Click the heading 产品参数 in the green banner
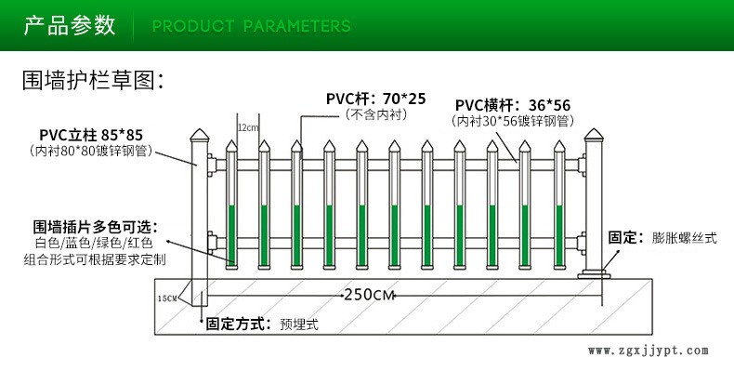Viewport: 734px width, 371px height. pos(70,25)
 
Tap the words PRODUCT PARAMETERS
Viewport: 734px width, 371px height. pos(252,26)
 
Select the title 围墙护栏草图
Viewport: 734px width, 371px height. pos(93,81)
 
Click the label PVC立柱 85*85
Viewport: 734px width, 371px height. pos(91,136)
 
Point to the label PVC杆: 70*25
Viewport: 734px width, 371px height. pos(376,99)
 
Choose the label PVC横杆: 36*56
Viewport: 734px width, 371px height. pos(513,105)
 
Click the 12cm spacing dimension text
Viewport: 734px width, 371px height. pos(248,127)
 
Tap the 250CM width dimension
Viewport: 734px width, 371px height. pos(370,295)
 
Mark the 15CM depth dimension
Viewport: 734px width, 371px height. pos(167,298)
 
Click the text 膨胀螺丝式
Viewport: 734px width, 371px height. pos(685,237)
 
